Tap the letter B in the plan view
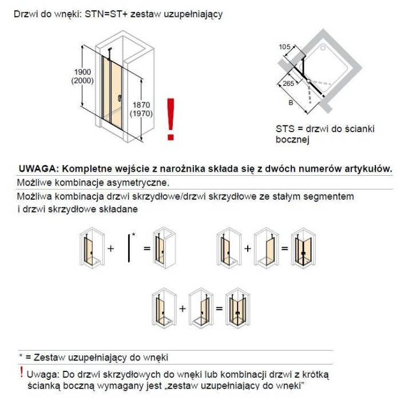point(291,104)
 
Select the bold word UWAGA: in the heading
point(38,169)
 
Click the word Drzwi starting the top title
point(25,14)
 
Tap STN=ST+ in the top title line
point(113,14)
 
